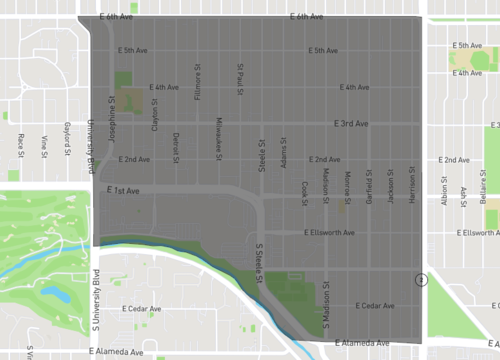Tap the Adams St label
[284, 153]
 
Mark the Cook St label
[305, 190]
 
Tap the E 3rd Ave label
[351, 123]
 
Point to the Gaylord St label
[67, 134]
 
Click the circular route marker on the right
[423, 281]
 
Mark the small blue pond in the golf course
[52, 297]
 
